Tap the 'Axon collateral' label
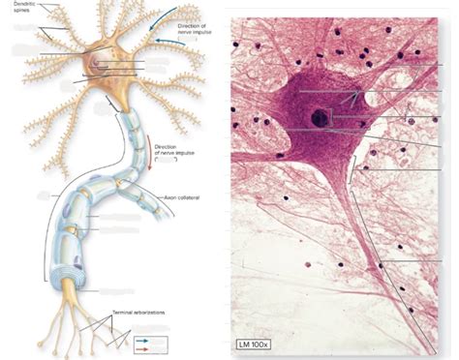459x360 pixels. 183,196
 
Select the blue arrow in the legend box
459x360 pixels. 143,340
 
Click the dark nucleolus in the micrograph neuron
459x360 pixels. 319,120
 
